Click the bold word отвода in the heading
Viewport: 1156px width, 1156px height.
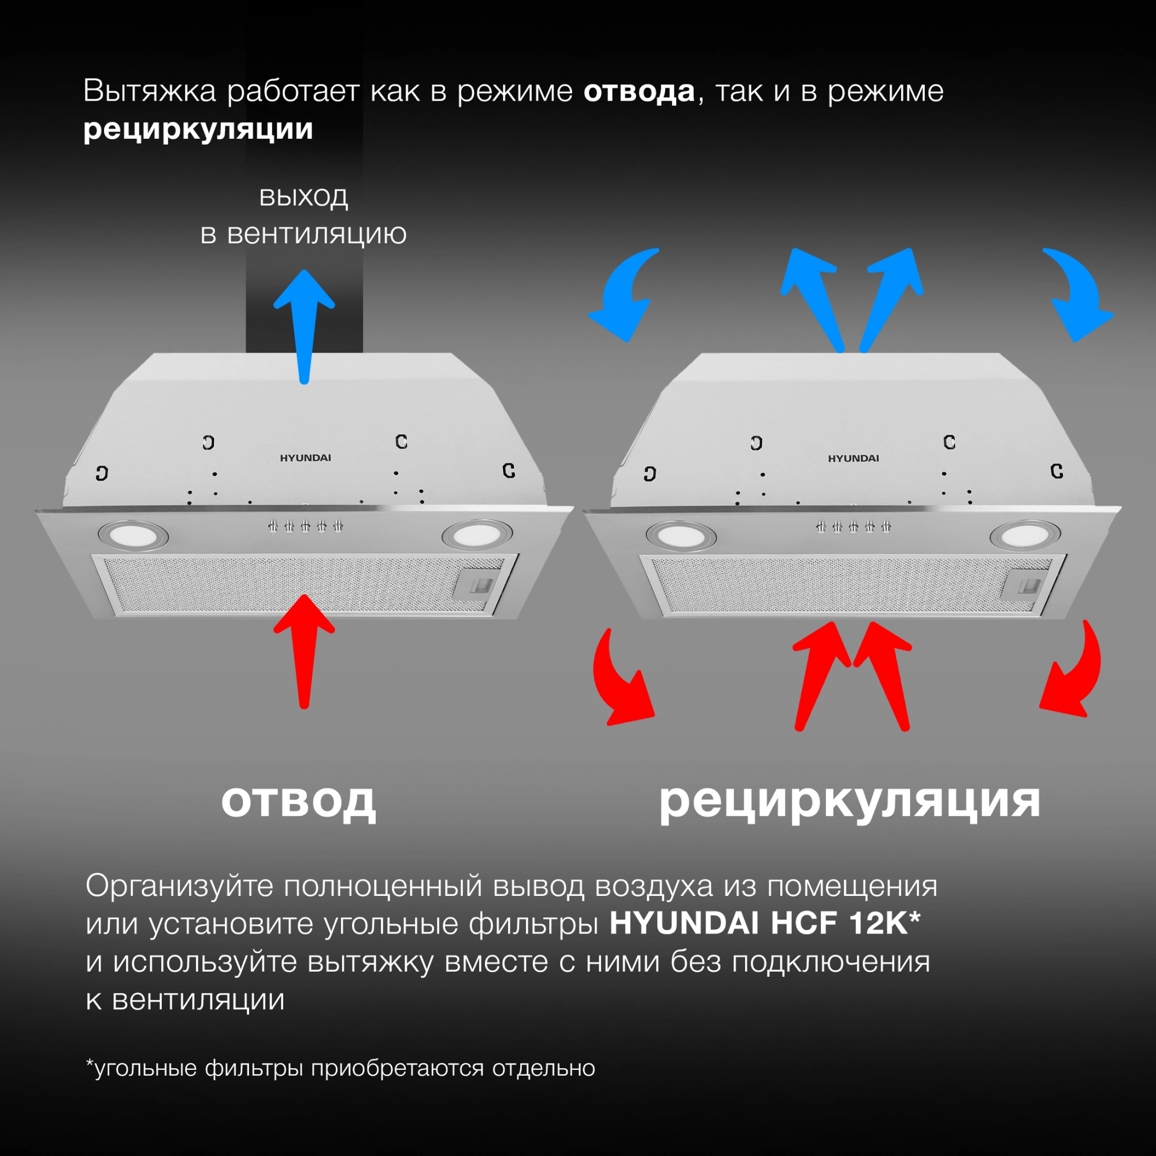pyautogui.click(x=639, y=91)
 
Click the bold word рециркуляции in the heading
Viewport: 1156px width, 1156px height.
pyautogui.click(x=198, y=129)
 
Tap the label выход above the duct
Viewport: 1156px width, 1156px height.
pyautogui.click(x=303, y=196)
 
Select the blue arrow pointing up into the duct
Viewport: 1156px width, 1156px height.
pyautogui.click(x=304, y=323)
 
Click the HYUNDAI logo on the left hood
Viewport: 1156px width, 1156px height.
pyautogui.click(x=305, y=458)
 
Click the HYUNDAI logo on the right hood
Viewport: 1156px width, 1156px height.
pyautogui.click(x=853, y=458)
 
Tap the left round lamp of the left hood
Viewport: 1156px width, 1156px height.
pyautogui.click(x=133, y=534)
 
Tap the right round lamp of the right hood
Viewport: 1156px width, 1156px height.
pyautogui.click(x=1024, y=535)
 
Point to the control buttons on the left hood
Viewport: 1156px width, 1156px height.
pyautogui.click(x=305, y=527)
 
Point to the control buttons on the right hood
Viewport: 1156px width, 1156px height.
pyautogui.click(x=853, y=527)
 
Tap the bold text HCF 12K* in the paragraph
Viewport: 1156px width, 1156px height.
pyautogui.click(x=845, y=923)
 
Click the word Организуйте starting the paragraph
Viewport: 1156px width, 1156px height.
pyautogui.click(x=180, y=886)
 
